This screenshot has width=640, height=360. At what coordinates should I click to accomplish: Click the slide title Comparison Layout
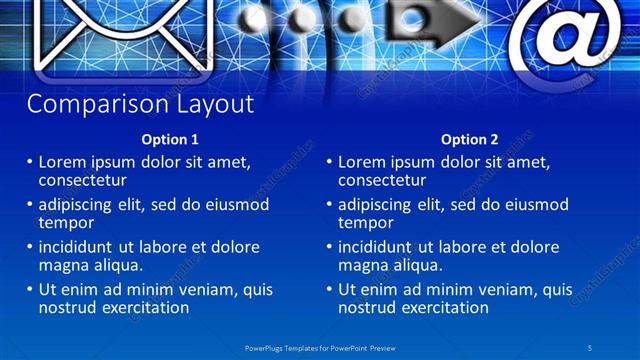tap(140, 104)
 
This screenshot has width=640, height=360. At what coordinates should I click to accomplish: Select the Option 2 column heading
tap(470, 139)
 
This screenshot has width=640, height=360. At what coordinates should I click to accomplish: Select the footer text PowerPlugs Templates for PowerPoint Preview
tap(319, 346)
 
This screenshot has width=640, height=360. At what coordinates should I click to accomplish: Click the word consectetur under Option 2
tap(382, 180)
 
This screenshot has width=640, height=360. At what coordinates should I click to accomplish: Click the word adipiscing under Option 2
tap(376, 205)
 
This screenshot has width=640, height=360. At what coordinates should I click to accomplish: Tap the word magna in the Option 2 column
tap(362, 265)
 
